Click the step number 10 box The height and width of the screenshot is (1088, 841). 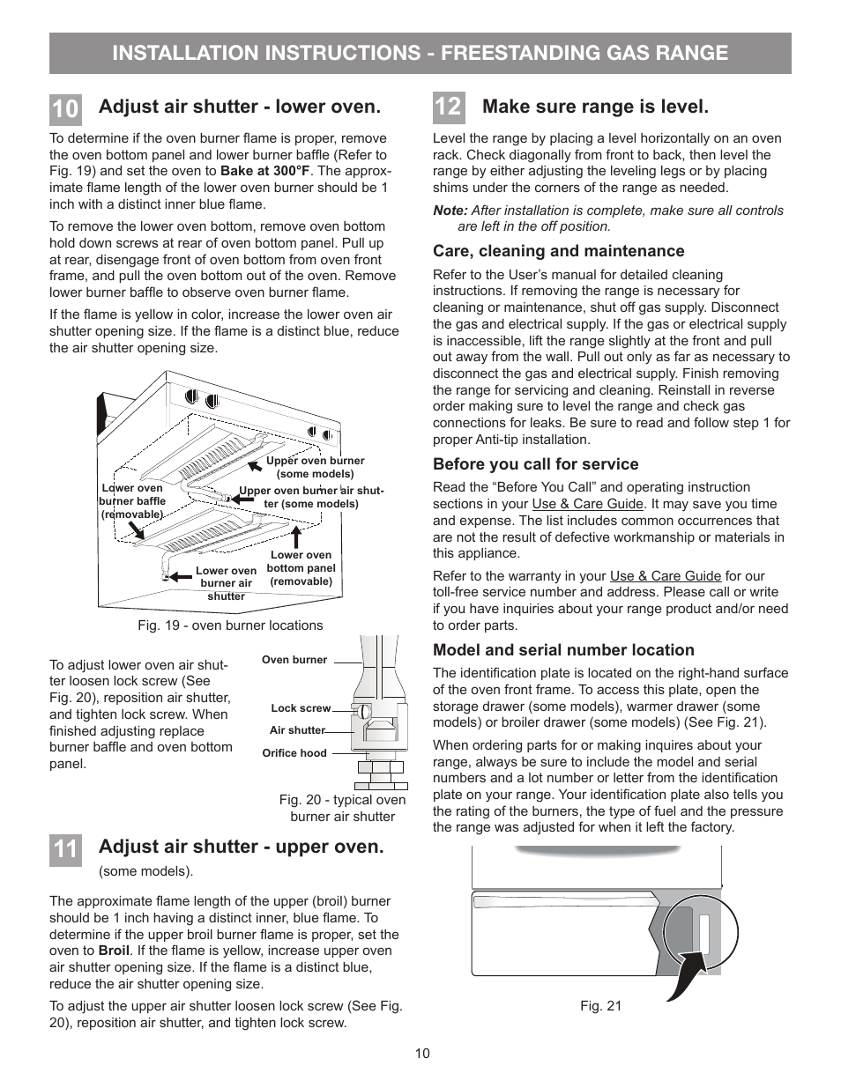pyautogui.click(x=65, y=108)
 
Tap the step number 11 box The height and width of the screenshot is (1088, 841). pyautogui.click(x=65, y=848)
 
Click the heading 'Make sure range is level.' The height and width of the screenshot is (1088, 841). pyautogui.click(x=595, y=107)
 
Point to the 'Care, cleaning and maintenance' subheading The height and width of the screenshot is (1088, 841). pyautogui.click(x=558, y=251)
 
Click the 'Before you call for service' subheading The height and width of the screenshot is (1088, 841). pyautogui.click(x=535, y=464)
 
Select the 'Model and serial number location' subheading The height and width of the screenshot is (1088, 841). pyautogui.click(x=563, y=650)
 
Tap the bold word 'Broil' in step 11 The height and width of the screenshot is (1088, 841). pyautogui.click(x=114, y=951)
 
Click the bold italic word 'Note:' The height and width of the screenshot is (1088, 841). pyautogui.click(x=450, y=211)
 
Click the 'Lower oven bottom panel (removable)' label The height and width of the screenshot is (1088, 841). pyautogui.click(x=301, y=568)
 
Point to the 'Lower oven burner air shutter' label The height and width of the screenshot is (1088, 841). pyautogui.click(x=226, y=583)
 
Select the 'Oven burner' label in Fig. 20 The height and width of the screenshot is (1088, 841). pyautogui.click(x=294, y=659)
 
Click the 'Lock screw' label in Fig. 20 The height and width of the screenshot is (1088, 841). pyautogui.click(x=301, y=708)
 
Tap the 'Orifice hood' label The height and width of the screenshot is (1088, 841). pyautogui.click(x=294, y=753)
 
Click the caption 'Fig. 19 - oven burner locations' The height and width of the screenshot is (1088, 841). pyautogui.click(x=230, y=625)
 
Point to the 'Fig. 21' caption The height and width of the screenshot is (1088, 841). pyautogui.click(x=600, y=1005)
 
